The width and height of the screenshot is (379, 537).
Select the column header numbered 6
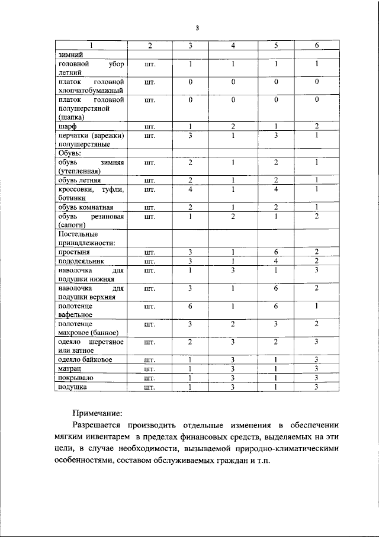pos(317,46)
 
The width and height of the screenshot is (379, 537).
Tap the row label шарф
pos(66,126)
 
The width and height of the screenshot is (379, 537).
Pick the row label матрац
pos(69,369)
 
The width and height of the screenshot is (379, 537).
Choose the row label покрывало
pos(75,378)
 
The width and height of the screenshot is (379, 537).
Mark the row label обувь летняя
pos(79,180)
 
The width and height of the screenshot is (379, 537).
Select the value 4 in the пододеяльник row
pos(275,261)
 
